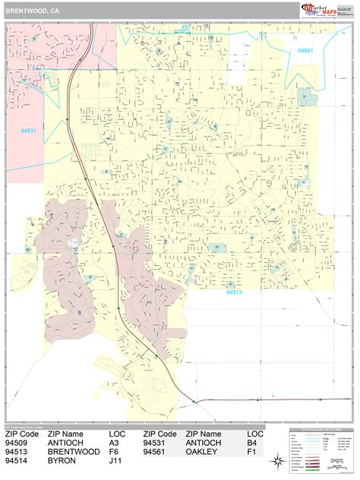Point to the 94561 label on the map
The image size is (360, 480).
(x=306, y=51)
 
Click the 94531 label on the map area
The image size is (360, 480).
(x=29, y=131)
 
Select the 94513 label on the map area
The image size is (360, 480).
(x=235, y=289)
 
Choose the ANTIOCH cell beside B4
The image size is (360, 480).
(x=204, y=443)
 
